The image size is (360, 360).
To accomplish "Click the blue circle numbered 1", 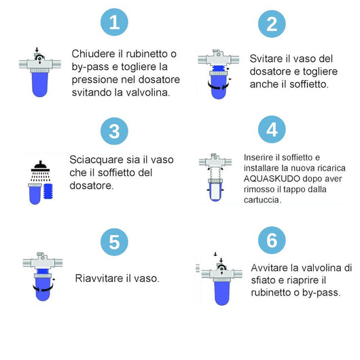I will coord(114,23).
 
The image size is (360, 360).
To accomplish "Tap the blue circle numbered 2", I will coord(272,24).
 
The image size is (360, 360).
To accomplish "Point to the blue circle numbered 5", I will coord(114,242).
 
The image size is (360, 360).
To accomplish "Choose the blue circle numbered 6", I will coord(272,242).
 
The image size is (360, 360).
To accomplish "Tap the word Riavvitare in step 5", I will coord(99,278).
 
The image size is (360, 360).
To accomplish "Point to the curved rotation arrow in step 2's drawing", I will coord(219,86).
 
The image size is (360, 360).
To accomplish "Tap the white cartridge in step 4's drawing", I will coord(217,188).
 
